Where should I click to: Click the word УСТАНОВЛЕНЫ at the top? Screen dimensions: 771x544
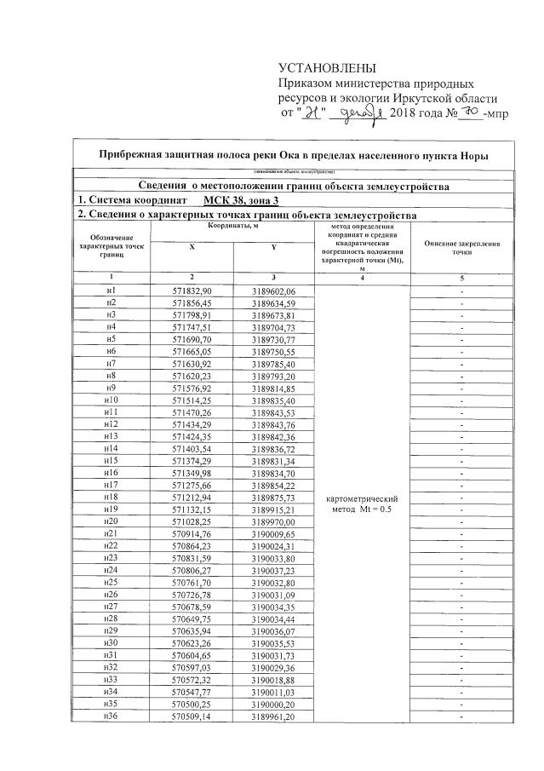pyautogui.click(x=327, y=68)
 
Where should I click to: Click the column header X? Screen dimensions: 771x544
pyautogui.click(x=192, y=246)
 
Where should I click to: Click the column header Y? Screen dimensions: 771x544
pyautogui.click(x=272, y=246)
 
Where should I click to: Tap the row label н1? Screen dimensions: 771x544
pyautogui.click(x=111, y=291)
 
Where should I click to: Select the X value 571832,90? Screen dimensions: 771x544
pyautogui.click(x=192, y=291)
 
